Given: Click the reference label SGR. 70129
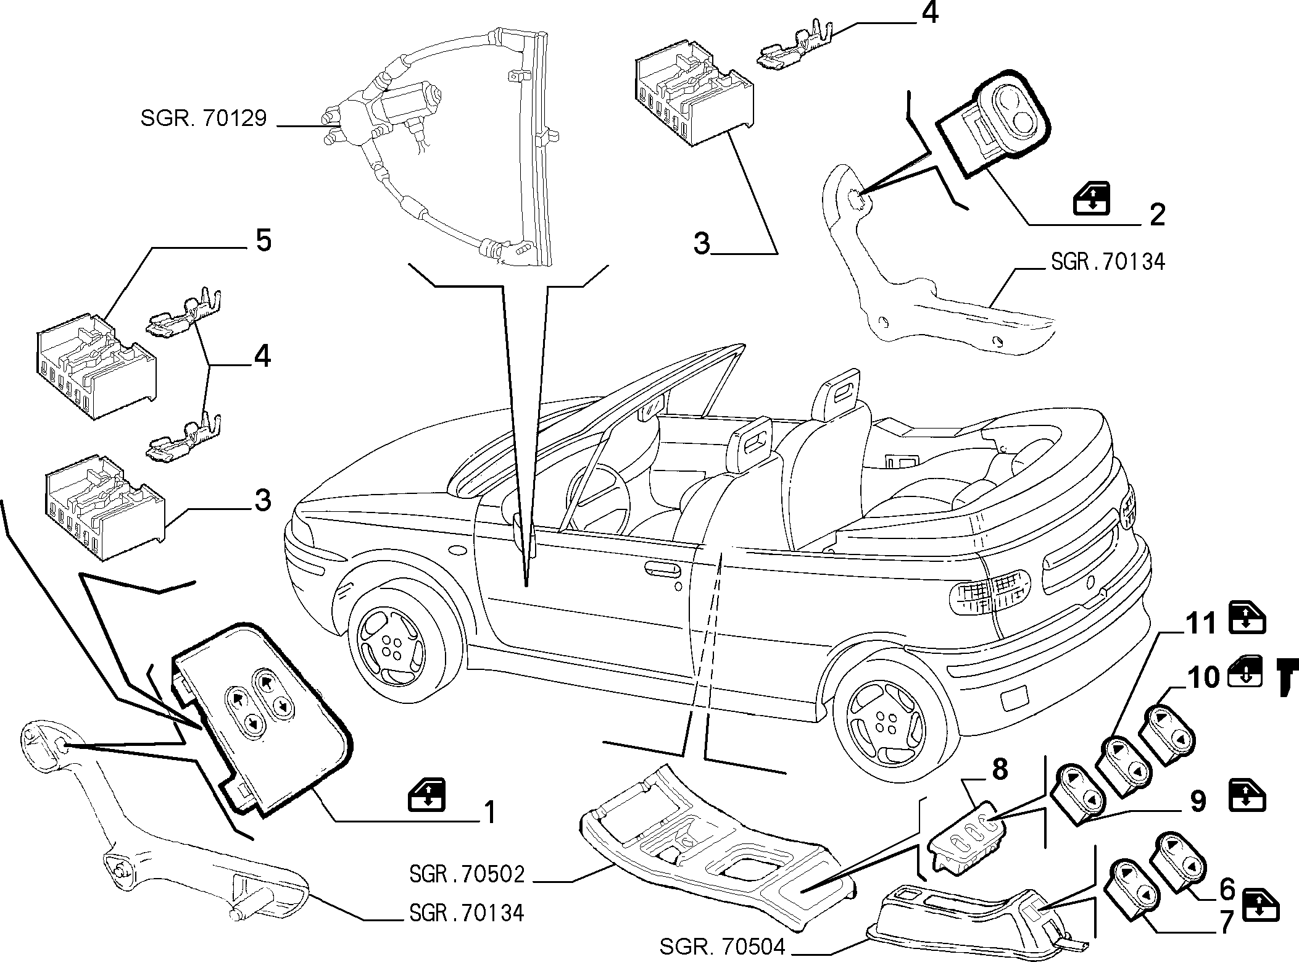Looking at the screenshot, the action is point(204,119).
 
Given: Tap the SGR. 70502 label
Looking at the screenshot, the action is point(467,874).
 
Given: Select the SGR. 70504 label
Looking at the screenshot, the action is point(723,947).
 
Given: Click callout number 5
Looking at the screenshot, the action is point(264,240).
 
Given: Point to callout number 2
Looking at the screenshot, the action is point(1157,214).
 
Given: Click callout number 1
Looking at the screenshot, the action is point(489,812).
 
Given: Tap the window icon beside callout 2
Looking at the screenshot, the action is point(1092,199).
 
